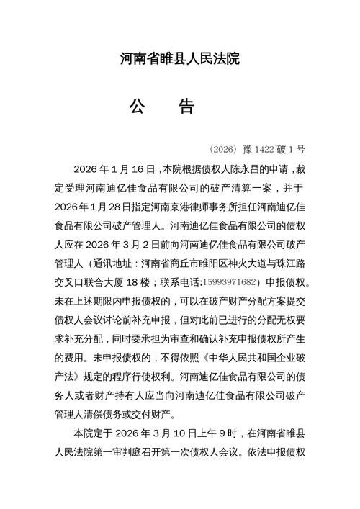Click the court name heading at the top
pos(179,58)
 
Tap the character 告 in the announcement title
pos(186,107)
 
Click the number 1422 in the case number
pos(265,150)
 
